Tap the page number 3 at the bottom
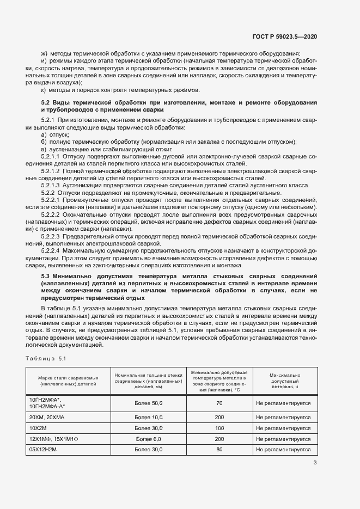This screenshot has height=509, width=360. coord(315,463)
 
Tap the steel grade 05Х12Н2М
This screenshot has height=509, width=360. coord(44,450)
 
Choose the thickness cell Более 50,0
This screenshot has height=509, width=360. coord(148,403)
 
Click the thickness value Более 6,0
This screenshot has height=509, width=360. coord(148,439)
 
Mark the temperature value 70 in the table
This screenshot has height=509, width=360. coord(219,403)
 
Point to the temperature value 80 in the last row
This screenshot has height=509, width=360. coord(219,450)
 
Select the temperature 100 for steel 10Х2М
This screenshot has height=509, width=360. coord(219,427)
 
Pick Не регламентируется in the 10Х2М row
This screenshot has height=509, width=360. coord(283,427)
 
